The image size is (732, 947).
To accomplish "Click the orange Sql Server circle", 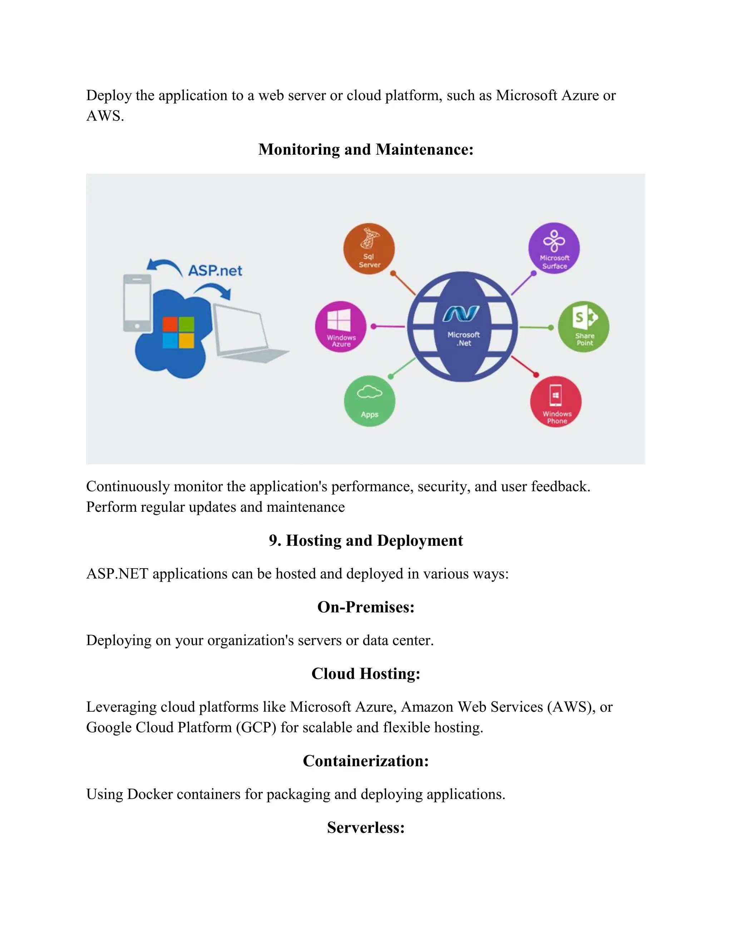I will [x=369, y=248].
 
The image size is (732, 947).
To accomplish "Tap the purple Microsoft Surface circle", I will [x=554, y=248].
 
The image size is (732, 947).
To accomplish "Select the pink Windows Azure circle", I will [x=340, y=327].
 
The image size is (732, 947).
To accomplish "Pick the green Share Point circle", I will [x=583, y=327].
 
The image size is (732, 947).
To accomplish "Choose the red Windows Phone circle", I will [x=555, y=402].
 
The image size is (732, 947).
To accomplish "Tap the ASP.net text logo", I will [x=215, y=271].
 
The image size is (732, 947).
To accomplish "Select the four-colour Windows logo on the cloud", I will [x=178, y=332].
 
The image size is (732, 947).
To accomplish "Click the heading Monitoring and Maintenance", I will [x=366, y=150].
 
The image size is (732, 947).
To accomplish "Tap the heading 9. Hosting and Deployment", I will [x=366, y=541].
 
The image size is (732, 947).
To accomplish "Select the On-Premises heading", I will [x=366, y=607].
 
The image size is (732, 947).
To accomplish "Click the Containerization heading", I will [x=366, y=761].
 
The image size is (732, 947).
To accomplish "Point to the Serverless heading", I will [x=366, y=827].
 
